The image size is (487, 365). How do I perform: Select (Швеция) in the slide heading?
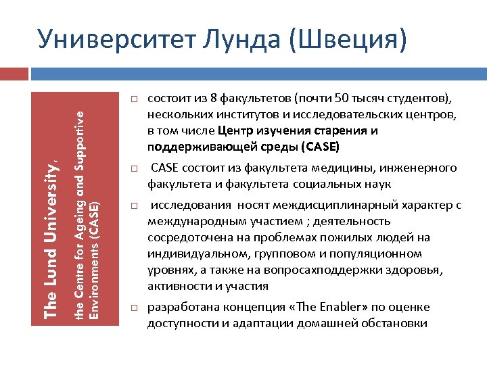point(348,39)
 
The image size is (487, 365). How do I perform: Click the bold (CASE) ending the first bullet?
point(321,147)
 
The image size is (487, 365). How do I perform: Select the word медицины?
point(348,168)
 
